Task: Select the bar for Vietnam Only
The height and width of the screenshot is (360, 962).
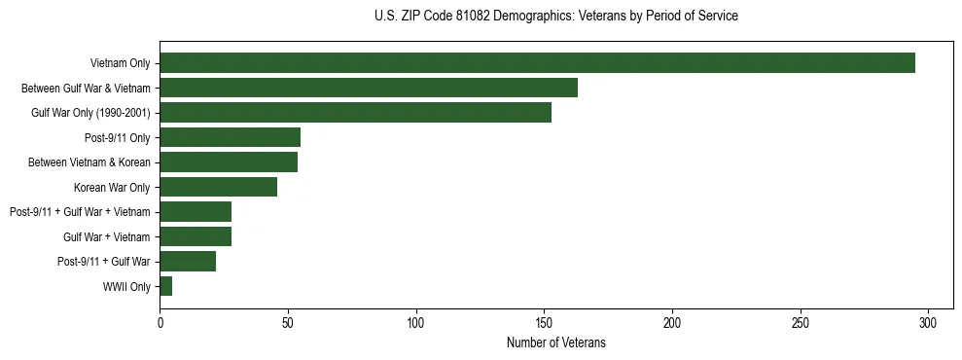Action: click(537, 63)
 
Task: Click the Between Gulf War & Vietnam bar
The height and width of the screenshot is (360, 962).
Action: click(369, 88)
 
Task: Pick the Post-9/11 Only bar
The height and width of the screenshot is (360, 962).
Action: click(230, 137)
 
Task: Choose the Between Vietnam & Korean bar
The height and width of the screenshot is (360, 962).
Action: click(229, 162)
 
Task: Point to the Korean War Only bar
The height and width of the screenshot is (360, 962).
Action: click(218, 187)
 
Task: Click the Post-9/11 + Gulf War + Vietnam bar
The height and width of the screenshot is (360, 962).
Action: click(196, 212)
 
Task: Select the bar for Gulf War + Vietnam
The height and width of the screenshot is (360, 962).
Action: click(196, 236)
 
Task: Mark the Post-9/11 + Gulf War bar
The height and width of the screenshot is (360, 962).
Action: click(188, 261)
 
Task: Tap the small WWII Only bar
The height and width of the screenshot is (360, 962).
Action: click(166, 286)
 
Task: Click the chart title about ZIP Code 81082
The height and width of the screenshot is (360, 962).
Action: click(555, 17)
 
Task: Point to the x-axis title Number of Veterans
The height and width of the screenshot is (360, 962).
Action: click(555, 342)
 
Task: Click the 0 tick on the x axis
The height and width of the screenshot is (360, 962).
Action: click(160, 322)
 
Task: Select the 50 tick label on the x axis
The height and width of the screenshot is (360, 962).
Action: click(288, 322)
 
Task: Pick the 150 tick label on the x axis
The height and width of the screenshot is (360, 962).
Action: click(544, 322)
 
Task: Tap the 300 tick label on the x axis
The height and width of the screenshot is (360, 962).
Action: click(928, 322)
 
